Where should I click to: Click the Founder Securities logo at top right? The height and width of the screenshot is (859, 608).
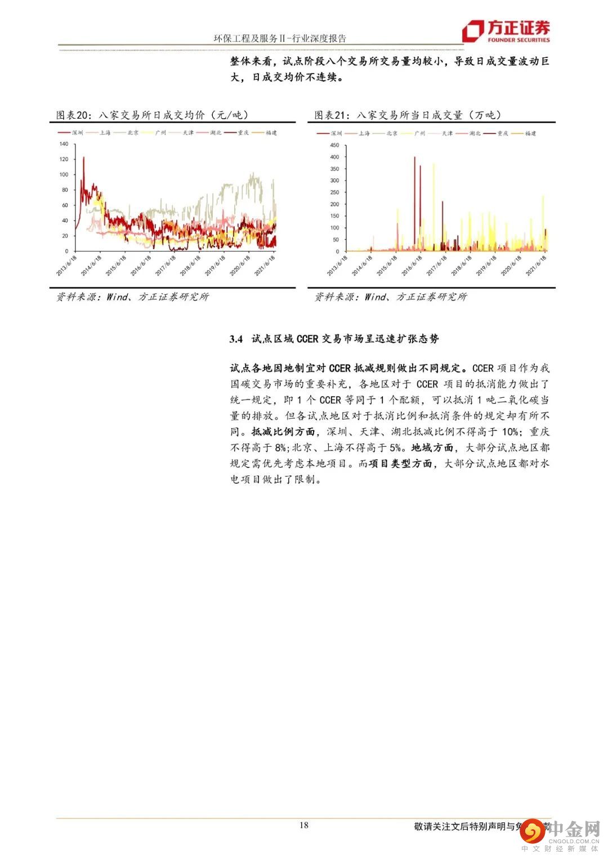click(x=506, y=32)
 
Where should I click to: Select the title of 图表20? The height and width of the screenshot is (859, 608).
click(x=152, y=115)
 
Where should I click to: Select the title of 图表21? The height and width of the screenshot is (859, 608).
click(x=408, y=115)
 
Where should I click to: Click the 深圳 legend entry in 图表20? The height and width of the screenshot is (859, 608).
click(x=71, y=133)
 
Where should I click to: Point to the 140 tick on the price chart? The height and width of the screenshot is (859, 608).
click(x=64, y=144)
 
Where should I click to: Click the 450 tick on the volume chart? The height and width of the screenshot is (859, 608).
click(x=334, y=145)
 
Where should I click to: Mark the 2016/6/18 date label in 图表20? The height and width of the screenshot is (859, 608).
click(x=137, y=265)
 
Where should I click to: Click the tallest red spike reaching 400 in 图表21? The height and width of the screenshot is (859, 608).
click(x=414, y=159)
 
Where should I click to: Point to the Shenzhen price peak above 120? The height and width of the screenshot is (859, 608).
click(x=83, y=159)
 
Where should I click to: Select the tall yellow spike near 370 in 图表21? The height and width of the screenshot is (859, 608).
click(x=433, y=165)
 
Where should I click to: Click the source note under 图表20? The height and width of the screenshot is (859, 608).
click(x=132, y=296)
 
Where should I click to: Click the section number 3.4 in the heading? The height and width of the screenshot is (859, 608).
click(x=236, y=339)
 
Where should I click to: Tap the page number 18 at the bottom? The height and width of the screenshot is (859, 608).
click(x=304, y=825)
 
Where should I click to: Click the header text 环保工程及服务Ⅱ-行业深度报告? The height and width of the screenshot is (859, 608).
click(x=280, y=38)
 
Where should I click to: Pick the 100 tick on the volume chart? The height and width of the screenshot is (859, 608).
click(x=334, y=228)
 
